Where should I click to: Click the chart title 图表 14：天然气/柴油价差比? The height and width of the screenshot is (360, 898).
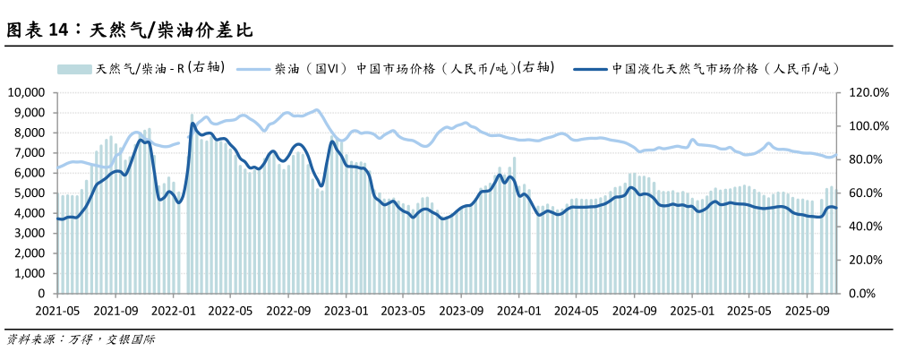click(130, 31)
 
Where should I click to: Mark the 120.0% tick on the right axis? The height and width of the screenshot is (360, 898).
click(868, 92)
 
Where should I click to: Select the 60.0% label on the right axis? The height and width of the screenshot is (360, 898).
click(868, 193)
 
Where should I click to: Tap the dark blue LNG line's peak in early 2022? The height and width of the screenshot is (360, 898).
click(192, 124)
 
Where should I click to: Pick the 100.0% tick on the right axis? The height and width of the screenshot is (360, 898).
click(868, 126)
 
